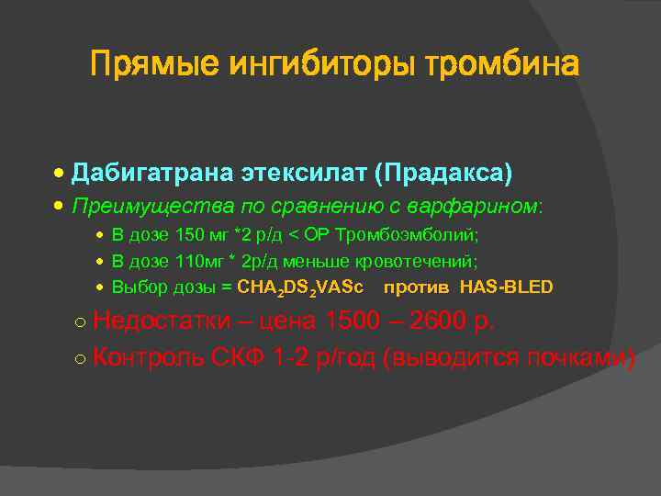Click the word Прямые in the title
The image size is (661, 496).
[153, 65]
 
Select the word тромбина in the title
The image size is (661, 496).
[500, 65]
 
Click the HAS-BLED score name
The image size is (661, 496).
[507, 287]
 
